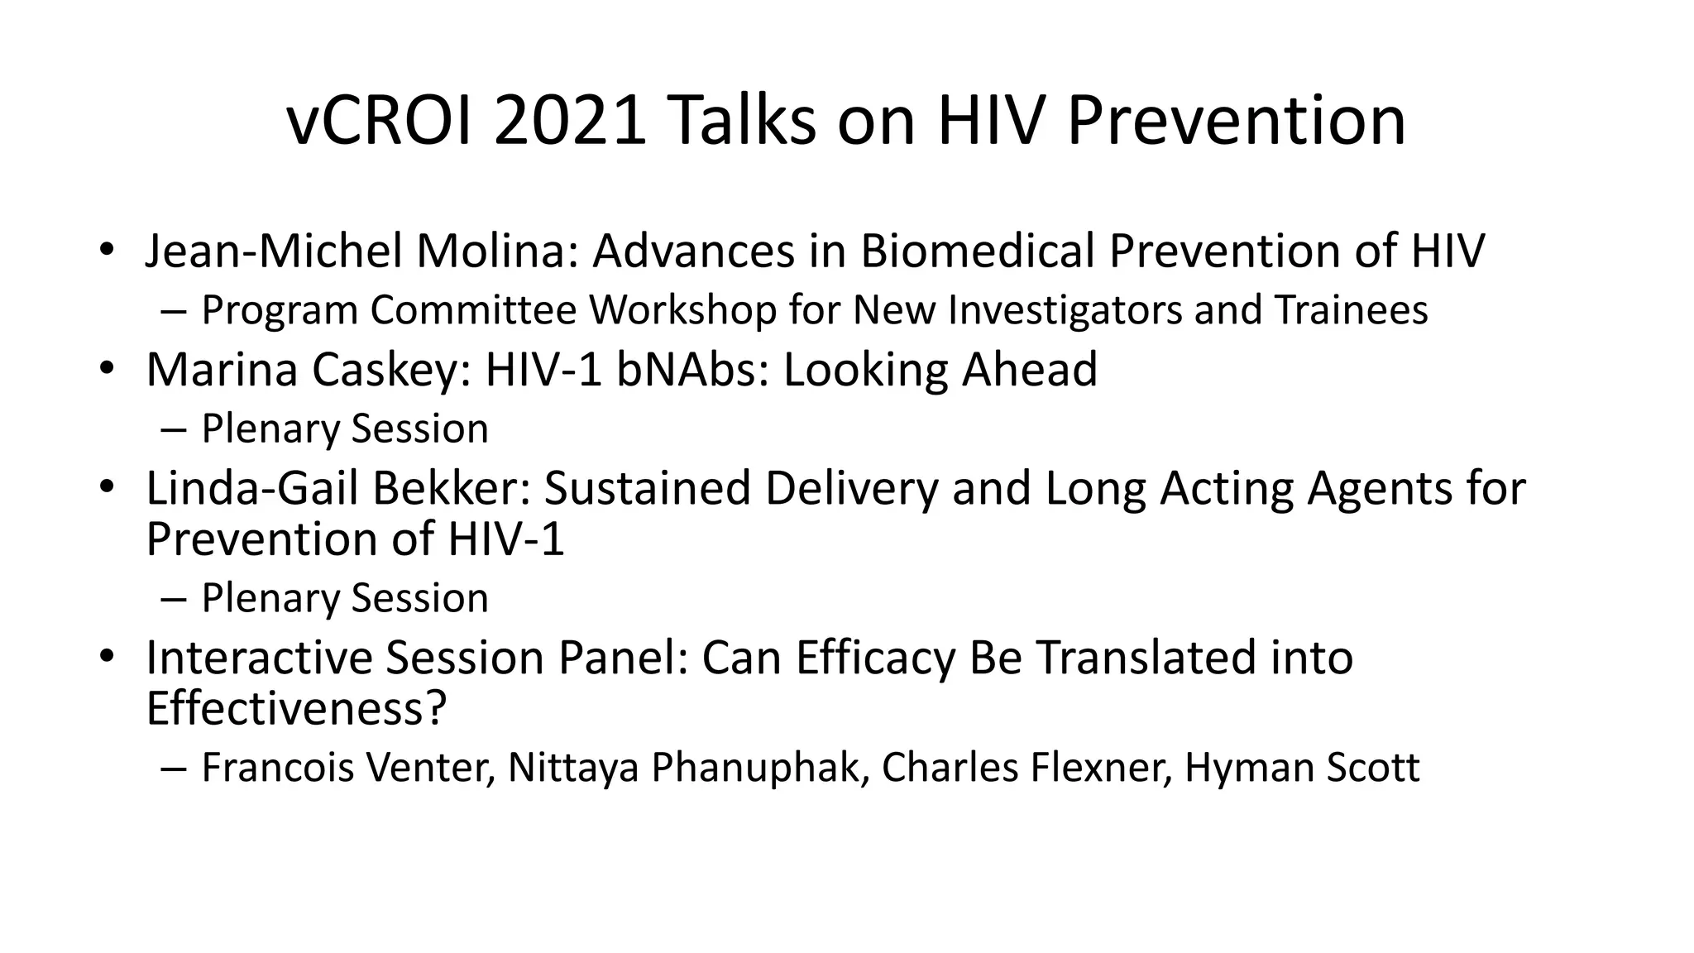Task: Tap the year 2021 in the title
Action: (x=570, y=122)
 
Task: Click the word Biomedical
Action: (x=977, y=251)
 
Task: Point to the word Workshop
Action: (x=682, y=310)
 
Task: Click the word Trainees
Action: (x=1351, y=310)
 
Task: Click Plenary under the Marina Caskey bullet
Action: (x=270, y=429)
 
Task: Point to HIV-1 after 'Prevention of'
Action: (x=506, y=539)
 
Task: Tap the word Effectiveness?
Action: (x=296, y=709)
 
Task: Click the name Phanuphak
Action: (x=755, y=768)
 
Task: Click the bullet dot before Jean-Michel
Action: (x=105, y=249)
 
